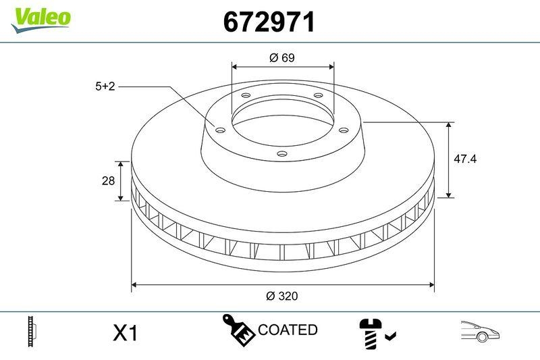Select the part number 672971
(269, 22)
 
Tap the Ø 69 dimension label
(282, 57)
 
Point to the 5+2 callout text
(105, 86)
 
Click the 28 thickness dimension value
(106, 181)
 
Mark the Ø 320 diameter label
(282, 296)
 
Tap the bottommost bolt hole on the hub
(282, 155)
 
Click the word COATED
(288, 330)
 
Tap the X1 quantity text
(125, 332)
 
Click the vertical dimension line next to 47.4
(450, 160)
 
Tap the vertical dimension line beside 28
(121, 181)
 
